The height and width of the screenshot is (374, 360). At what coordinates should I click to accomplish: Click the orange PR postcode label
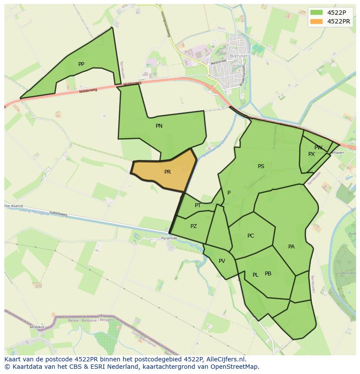168,172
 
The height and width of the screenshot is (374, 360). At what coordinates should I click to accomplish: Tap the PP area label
81,64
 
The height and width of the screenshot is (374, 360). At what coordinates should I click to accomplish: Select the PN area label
159,126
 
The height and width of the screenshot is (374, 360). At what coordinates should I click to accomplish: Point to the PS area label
261,166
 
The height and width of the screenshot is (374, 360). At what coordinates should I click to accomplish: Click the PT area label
198,205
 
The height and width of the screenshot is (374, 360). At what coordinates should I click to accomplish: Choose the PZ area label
193,226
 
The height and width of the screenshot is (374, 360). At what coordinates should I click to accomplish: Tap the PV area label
222,261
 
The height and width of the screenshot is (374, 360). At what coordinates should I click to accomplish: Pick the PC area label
250,236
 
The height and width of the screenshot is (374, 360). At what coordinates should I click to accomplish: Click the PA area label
291,247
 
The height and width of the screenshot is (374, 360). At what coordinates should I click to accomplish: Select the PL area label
256,275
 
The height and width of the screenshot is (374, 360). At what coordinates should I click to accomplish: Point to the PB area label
268,274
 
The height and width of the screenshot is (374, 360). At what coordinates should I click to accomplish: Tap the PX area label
311,154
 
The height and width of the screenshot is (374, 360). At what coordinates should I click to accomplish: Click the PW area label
318,148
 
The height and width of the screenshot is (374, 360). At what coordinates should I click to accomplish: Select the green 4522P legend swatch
317,12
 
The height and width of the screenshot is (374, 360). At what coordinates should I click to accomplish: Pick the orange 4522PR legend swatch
317,21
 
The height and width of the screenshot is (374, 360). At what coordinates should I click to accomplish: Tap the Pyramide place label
169,238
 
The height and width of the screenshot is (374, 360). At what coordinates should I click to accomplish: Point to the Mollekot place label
37,327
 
